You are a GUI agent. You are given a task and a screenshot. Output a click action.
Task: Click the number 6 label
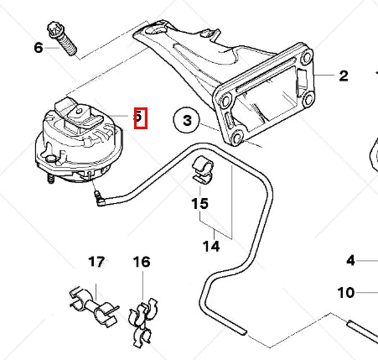[39, 48]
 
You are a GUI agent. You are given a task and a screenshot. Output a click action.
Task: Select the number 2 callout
[344, 76]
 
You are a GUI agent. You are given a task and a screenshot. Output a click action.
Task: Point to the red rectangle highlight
[141, 117]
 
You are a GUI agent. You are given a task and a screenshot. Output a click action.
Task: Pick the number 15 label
[199, 203]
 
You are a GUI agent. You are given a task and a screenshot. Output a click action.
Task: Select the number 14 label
[211, 246]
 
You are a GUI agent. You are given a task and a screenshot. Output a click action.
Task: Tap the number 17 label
[97, 263]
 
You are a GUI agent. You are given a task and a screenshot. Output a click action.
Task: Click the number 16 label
[142, 263]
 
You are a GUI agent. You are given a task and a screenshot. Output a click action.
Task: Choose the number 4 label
[350, 260]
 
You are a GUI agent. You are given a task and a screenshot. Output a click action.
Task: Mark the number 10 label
[346, 293]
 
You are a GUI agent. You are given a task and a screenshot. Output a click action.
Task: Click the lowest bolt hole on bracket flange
[238, 135]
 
